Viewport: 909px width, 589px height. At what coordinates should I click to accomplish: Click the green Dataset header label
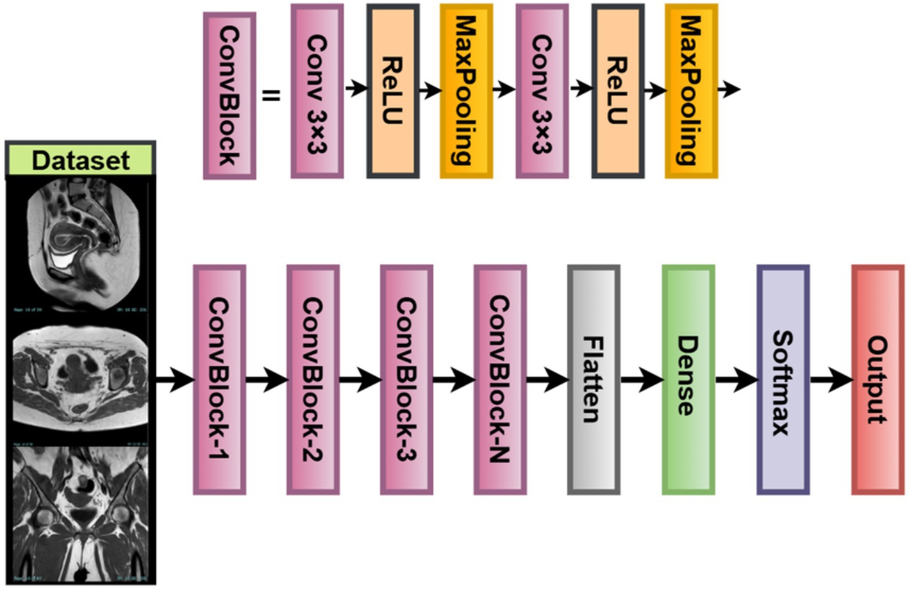80,160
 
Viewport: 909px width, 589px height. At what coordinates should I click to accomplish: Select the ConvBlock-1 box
219,379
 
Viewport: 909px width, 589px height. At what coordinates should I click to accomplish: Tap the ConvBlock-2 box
313,379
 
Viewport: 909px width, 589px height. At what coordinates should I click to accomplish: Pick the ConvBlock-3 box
406,379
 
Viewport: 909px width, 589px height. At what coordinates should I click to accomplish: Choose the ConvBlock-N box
500,379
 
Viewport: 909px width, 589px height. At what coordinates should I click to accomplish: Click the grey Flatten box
594,379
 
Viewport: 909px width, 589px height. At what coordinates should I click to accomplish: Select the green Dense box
688,379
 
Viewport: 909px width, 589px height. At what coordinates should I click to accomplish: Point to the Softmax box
783,379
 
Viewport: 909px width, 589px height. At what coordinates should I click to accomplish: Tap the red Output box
877,379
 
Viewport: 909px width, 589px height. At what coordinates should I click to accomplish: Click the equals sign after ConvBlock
271,96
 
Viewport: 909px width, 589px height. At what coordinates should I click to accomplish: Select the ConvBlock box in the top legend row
229,96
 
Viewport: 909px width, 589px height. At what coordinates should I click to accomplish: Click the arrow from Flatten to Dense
641,380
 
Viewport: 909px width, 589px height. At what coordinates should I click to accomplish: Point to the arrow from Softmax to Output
830,380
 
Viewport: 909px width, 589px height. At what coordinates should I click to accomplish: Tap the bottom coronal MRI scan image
80,513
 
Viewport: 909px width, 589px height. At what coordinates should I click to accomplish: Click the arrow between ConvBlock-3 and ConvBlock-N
453,380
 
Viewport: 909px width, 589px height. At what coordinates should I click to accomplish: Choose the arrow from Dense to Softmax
736,380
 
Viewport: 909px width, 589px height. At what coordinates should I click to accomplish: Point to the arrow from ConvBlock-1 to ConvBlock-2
266,380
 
